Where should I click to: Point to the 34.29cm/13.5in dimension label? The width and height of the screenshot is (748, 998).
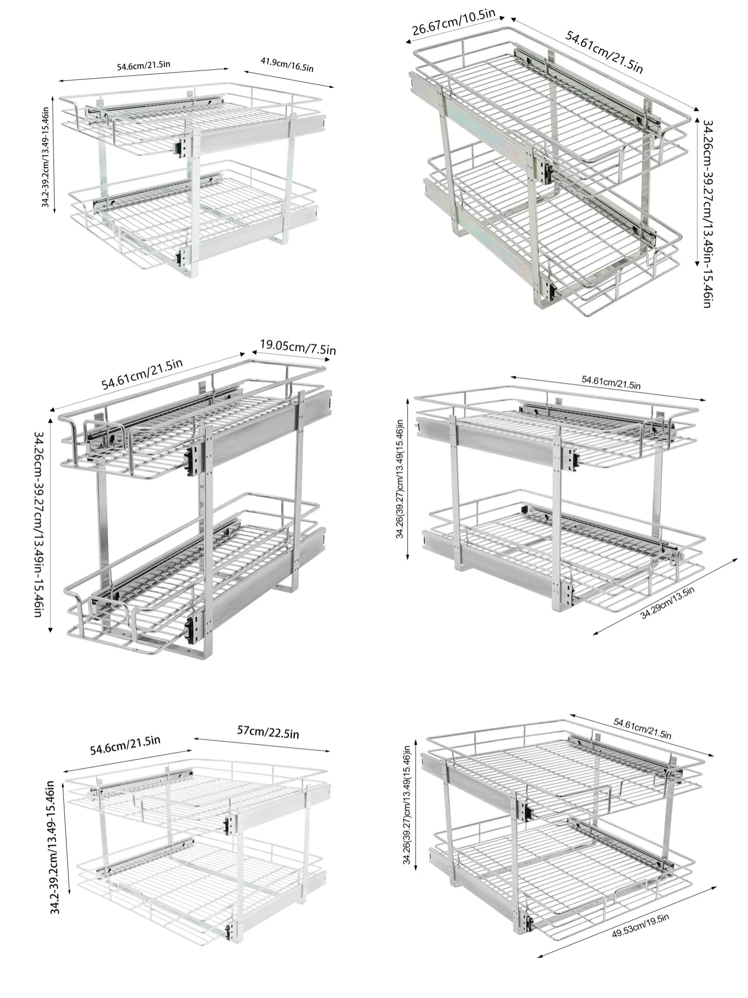coord(667,603)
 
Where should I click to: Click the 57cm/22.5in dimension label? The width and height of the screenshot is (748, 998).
coord(268,733)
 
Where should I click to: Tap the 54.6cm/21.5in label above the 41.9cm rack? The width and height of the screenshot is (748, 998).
coord(144,65)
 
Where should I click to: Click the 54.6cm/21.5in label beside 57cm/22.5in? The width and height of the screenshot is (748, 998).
coord(125,745)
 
